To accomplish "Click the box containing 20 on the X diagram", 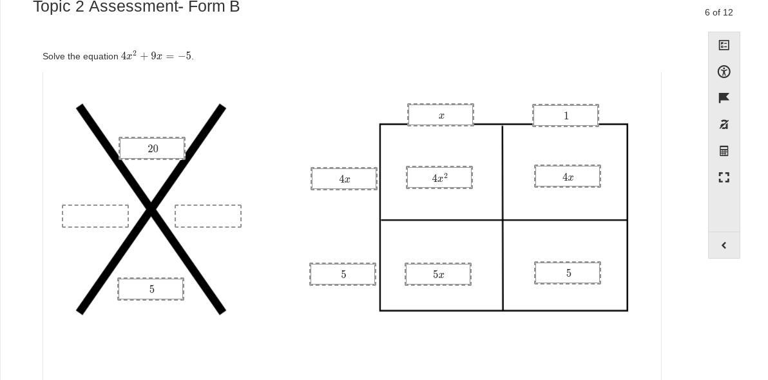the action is click(x=152, y=148).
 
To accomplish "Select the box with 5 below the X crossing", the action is click(x=151, y=289).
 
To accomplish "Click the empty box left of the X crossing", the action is click(x=95, y=216).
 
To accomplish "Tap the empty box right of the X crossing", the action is click(x=208, y=216).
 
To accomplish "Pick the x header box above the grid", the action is click(x=441, y=115).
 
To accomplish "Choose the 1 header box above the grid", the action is click(x=566, y=115).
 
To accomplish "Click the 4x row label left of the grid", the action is click(x=344, y=179).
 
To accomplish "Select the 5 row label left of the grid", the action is click(x=343, y=274).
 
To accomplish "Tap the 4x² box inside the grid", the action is click(x=439, y=177).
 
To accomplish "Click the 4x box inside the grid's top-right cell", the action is click(x=568, y=177).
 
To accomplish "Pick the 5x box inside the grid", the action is click(x=438, y=274).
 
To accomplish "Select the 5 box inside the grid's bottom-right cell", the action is click(x=568, y=273).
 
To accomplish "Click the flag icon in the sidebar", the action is click(x=724, y=98).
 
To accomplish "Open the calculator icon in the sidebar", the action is click(x=724, y=150).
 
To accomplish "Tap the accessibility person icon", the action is click(x=724, y=72).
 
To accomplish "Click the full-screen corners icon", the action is click(x=724, y=177).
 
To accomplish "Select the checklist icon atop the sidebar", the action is click(x=724, y=45).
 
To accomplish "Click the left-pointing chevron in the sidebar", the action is click(x=724, y=245).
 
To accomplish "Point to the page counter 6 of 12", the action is click(x=718, y=12).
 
